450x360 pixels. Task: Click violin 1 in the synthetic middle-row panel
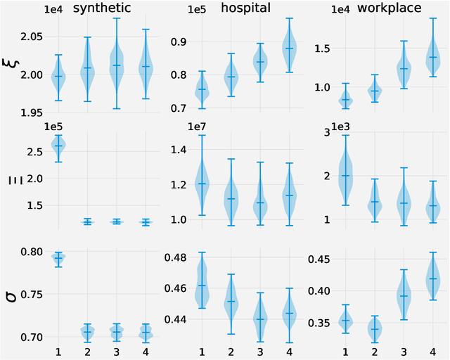(x=58, y=146)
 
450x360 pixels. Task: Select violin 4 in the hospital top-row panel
(x=288, y=48)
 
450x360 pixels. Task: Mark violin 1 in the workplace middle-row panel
(x=345, y=176)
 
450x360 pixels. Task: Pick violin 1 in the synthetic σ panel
(x=58, y=259)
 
